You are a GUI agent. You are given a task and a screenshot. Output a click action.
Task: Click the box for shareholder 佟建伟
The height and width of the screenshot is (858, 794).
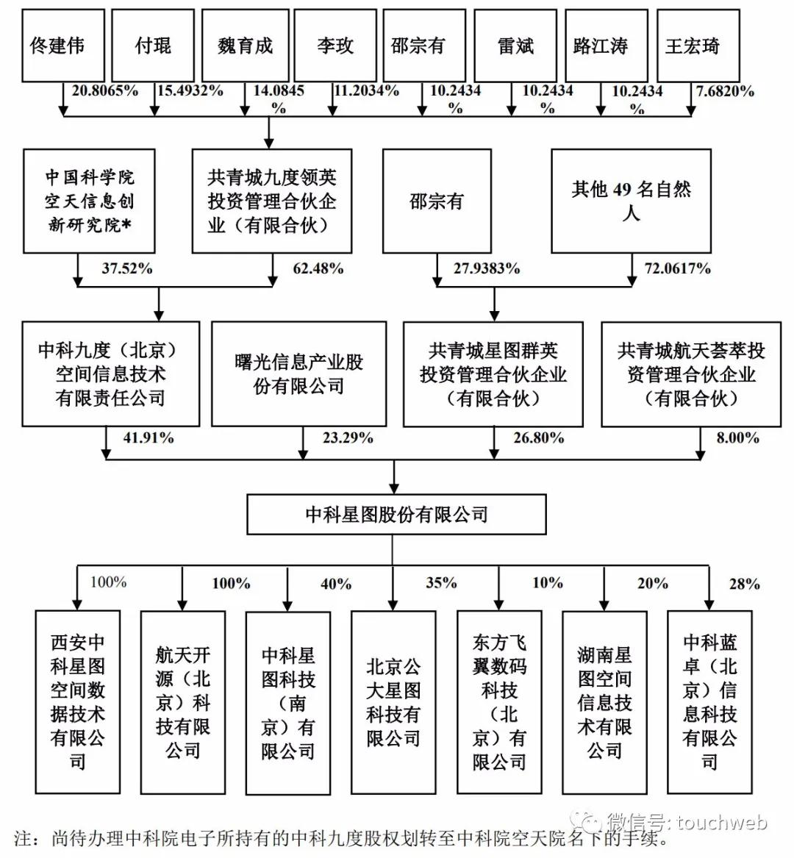click(x=57, y=46)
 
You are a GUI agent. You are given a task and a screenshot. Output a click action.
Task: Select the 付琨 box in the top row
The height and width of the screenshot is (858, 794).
click(x=153, y=46)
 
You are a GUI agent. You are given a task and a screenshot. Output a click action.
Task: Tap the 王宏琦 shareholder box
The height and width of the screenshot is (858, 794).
click(x=692, y=46)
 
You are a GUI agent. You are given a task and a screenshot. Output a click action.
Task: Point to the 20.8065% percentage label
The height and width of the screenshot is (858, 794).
click(x=105, y=91)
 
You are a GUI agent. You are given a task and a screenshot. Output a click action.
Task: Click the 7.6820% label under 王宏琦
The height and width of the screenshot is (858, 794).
click(x=725, y=91)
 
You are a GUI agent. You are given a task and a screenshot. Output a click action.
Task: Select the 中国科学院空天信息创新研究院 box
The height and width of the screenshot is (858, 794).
click(x=89, y=201)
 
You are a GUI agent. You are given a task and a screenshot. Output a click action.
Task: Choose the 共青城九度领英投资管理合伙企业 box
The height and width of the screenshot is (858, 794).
click(x=271, y=201)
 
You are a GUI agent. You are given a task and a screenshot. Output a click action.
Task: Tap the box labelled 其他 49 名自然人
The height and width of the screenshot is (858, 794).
click(x=631, y=201)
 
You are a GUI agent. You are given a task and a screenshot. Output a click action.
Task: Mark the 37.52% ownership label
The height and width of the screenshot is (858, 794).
click(x=127, y=268)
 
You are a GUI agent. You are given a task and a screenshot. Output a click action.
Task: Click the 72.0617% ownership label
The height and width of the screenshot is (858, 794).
click(x=678, y=268)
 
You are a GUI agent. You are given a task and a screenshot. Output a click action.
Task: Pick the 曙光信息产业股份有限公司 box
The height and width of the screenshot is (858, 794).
click(x=298, y=373)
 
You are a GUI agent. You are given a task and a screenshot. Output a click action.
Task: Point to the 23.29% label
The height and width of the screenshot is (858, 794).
click(x=348, y=438)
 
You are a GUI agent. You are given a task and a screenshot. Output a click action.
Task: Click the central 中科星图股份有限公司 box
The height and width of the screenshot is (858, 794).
click(x=396, y=514)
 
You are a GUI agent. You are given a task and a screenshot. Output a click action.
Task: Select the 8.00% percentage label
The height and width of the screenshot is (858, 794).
click(x=737, y=438)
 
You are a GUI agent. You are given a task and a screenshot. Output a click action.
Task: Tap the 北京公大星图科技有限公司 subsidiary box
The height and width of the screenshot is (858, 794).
click(x=393, y=702)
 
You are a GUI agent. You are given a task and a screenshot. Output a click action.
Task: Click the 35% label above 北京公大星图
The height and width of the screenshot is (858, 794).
click(x=441, y=583)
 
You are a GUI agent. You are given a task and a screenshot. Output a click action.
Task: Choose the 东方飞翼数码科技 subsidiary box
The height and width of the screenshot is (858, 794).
click(x=499, y=702)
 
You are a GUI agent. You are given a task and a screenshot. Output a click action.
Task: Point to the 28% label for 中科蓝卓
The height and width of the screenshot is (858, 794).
click(x=744, y=584)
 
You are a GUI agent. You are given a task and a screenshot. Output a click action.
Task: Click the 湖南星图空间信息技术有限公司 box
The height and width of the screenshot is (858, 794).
click(x=604, y=702)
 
